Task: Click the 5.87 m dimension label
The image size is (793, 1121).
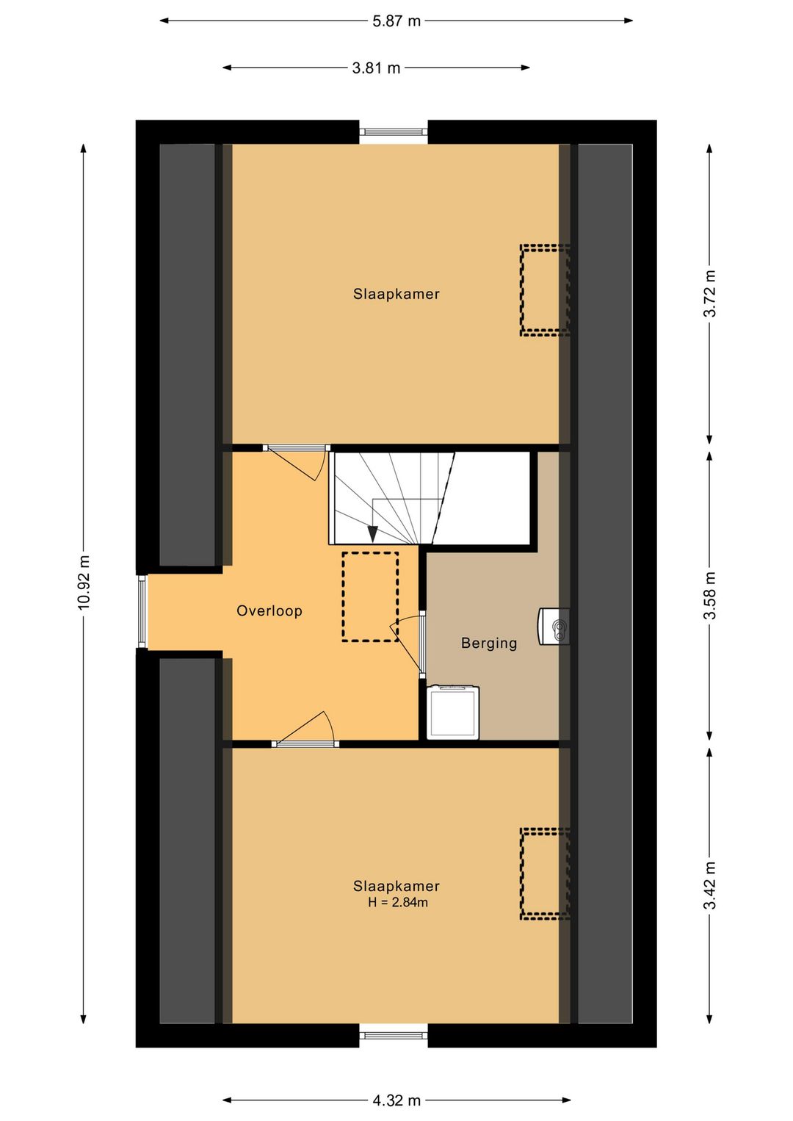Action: [x=396, y=21]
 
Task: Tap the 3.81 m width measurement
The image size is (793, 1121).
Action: [x=376, y=68]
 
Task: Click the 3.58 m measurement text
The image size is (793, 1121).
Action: [x=710, y=595]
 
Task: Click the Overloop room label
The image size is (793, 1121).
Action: [x=269, y=611]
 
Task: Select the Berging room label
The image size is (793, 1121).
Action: [x=489, y=643]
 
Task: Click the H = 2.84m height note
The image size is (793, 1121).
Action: [x=398, y=902]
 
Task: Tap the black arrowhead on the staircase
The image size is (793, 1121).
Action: [x=372, y=533]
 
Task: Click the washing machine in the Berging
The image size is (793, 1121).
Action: [x=452, y=712]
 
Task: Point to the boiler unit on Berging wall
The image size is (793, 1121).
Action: [x=554, y=626]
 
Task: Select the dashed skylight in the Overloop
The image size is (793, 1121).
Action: [x=370, y=596]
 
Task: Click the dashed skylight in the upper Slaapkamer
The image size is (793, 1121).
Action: [x=545, y=289]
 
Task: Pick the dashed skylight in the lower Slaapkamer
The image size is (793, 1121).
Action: [x=545, y=875]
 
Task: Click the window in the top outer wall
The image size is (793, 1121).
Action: [x=394, y=132]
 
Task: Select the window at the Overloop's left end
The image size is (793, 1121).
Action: [x=142, y=611]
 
